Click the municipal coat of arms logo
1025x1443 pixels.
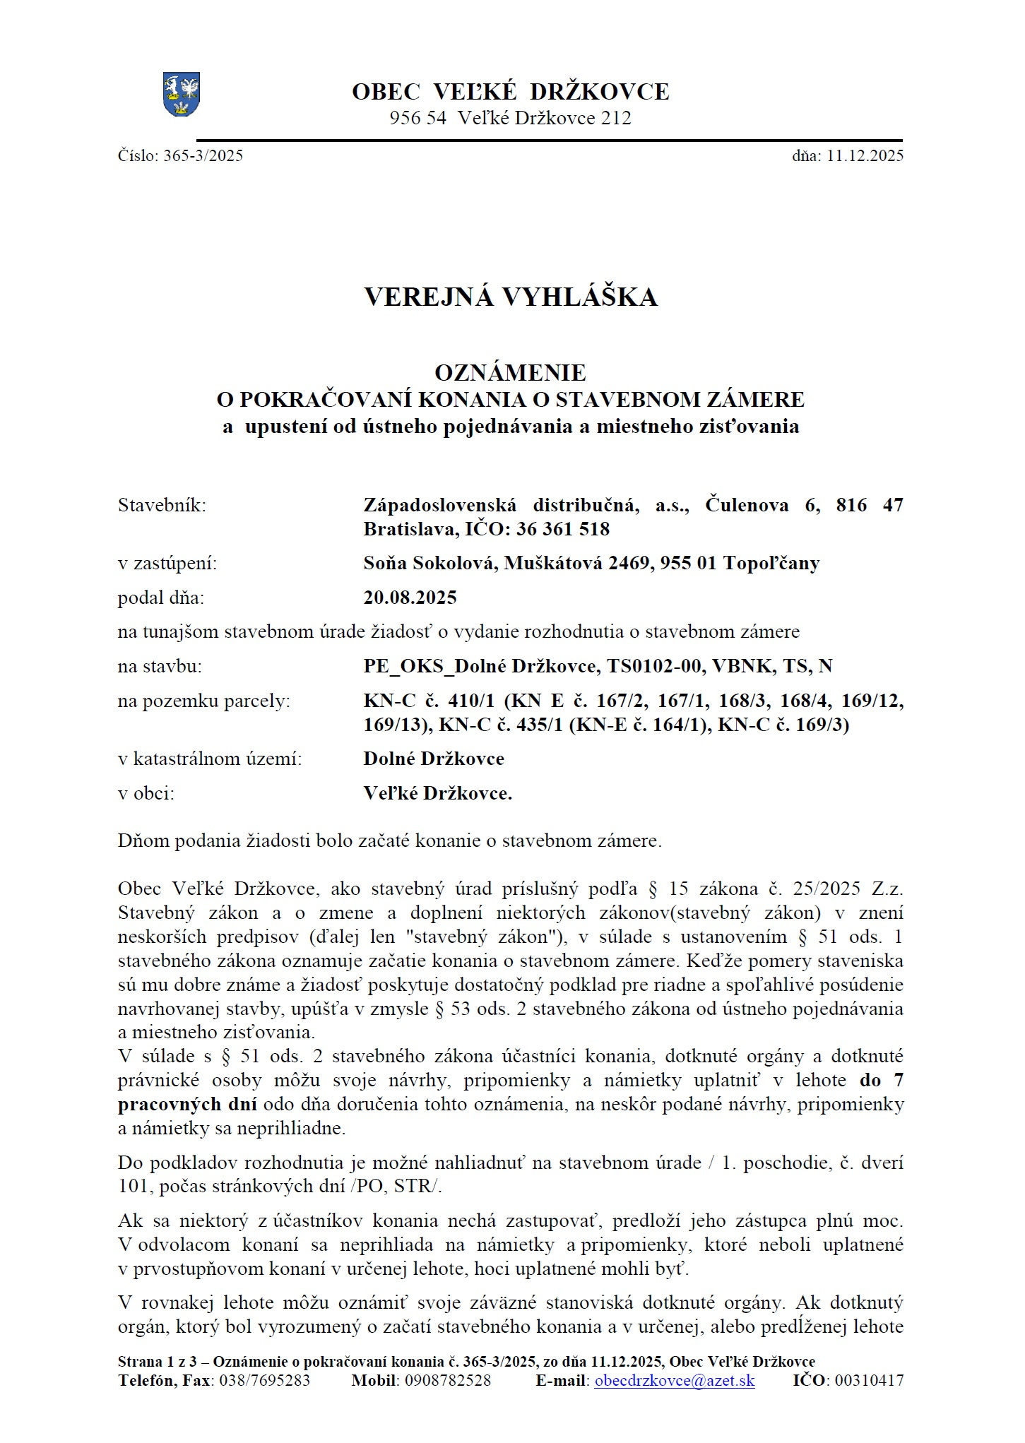(181, 95)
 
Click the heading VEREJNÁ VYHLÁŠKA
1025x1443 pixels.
(511, 297)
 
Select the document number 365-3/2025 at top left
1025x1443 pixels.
(203, 156)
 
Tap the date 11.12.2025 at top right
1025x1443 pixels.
(865, 156)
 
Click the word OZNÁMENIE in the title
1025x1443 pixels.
(510, 372)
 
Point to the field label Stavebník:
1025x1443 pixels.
(162, 506)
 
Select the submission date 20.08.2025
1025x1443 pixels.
(410, 598)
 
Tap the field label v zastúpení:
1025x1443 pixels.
(167, 564)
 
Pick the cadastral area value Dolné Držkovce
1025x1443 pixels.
(434, 759)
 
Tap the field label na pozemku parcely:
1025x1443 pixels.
(204, 701)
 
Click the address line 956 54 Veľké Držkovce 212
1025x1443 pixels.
(510, 118)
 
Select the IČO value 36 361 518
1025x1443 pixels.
(562, 529)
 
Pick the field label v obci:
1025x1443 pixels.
(146, 793)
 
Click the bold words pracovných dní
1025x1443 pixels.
(186, 1104)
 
